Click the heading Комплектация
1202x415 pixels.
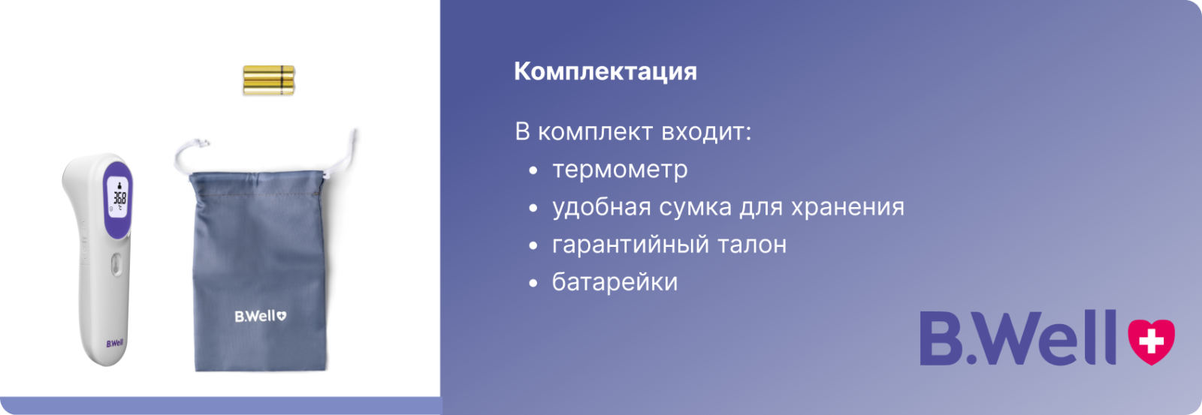[606, 72]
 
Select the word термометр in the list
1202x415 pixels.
[620, 170]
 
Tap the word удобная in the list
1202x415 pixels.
[602, 207]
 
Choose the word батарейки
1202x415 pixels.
[615, 282]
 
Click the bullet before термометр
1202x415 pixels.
[533, 171]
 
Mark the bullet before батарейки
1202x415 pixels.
[533, 283]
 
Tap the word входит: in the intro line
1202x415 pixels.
[706, 132]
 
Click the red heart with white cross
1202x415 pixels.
[1151, 341]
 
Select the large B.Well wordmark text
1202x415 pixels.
[1019, 338]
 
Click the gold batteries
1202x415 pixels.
[269, 80]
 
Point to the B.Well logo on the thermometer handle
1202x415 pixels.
[114, 344]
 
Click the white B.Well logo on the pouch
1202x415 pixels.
[260, 317]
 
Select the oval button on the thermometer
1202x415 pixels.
[116, 265]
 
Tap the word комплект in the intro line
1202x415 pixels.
[596, 132]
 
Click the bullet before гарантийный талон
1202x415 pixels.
[533, 246]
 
